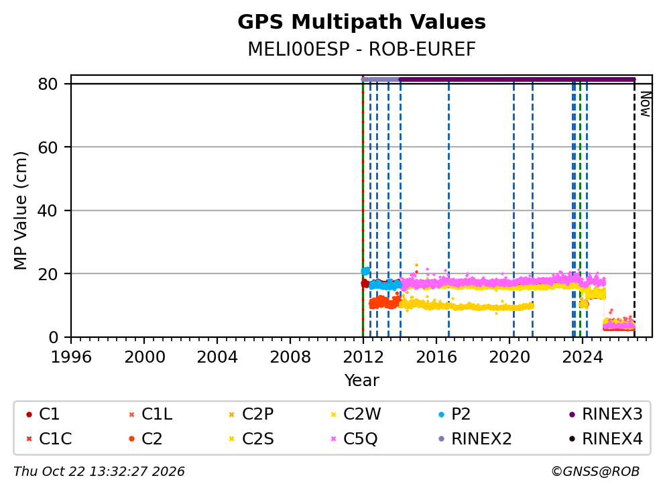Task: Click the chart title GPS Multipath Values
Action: click(361, 22)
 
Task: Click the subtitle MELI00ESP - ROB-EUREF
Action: click(361, 49)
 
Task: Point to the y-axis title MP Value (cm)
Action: click(20, 210)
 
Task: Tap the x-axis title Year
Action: click(361, 380)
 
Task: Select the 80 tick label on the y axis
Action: click(48, 84)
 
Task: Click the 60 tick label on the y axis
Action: click(48, 147)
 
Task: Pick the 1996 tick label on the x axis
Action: click(71, 357)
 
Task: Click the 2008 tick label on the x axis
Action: click(290, 357)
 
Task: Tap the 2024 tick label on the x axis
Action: click(583, 357)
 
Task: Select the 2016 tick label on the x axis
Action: click(436, 357)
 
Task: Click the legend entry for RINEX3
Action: click(605, 414)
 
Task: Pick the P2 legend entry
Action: click(455, 414)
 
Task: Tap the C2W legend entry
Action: click(355, 414)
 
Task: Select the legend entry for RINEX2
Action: click(475, 438)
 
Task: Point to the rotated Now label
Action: click(646, 105)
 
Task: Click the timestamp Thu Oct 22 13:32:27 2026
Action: click(99, 472)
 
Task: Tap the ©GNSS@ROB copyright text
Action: click(595, 472)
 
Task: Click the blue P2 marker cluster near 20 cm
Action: click(365, 271)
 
